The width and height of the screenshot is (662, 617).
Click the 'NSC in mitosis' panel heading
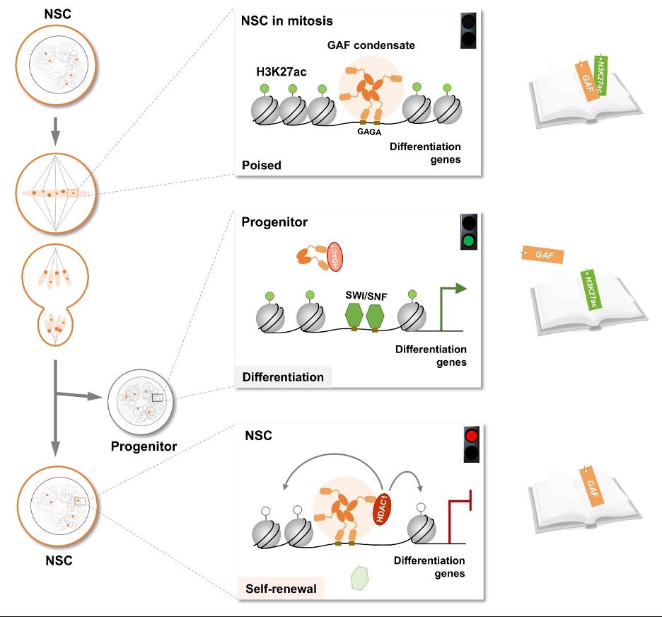click(x=287, y=21)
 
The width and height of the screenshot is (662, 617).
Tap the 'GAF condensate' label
click(x=371, y=45)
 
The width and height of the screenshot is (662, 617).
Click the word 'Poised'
click(x=262, y=166)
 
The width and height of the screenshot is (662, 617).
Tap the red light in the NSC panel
click(x=472, y=435)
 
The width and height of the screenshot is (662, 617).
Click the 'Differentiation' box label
click(x=283, y=377)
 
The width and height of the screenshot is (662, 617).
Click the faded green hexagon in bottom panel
click(x=361, y=577)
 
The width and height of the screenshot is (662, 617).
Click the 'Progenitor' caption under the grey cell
click(x=144, y=446)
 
